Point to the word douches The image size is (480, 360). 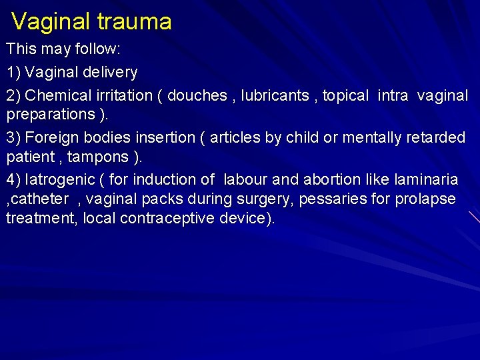[x=197, y=95]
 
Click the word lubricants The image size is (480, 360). [x=276, y=95]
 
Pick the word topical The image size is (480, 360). [x=345, y=95]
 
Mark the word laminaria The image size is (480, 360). [x=425, y=179]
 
